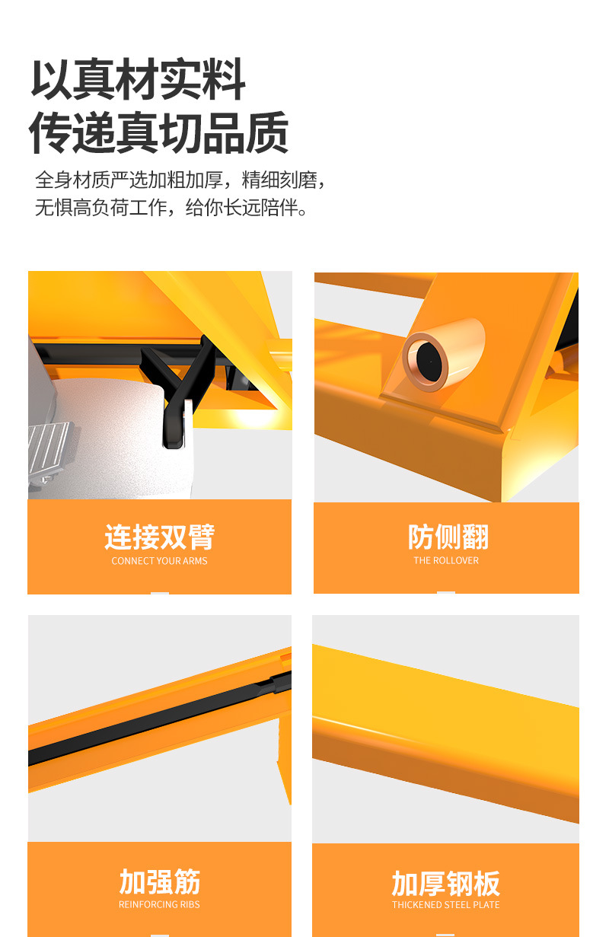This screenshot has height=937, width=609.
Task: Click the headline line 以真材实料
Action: (x=138, y=79)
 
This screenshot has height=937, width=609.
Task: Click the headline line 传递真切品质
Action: (x=159, y=132)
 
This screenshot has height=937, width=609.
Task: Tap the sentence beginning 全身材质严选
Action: (x=180, y=180)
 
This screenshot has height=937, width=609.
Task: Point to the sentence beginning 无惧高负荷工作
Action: (x=171, y=207)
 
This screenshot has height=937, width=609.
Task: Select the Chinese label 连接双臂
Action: (x=159, y=537)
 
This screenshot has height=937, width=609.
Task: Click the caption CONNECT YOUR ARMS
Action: (x=159, y=561)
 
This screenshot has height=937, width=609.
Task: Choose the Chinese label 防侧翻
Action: (x=448, y=537)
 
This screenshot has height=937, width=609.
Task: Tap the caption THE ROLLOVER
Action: (x=446, y=560)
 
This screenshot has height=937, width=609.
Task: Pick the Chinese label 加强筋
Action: (x=159, y=881)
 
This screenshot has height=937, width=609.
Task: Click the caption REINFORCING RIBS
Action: (x=159, y=904)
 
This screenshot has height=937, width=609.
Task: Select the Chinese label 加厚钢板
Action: (x=446, y=884)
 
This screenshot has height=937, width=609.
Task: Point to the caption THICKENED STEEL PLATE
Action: (x=446, y=905)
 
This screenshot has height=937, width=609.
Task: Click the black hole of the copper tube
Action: (x=429, y=361)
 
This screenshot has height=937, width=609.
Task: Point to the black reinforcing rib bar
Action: (x=159, y=719)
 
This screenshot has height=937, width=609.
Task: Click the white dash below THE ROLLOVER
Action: (x=446, y=592)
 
